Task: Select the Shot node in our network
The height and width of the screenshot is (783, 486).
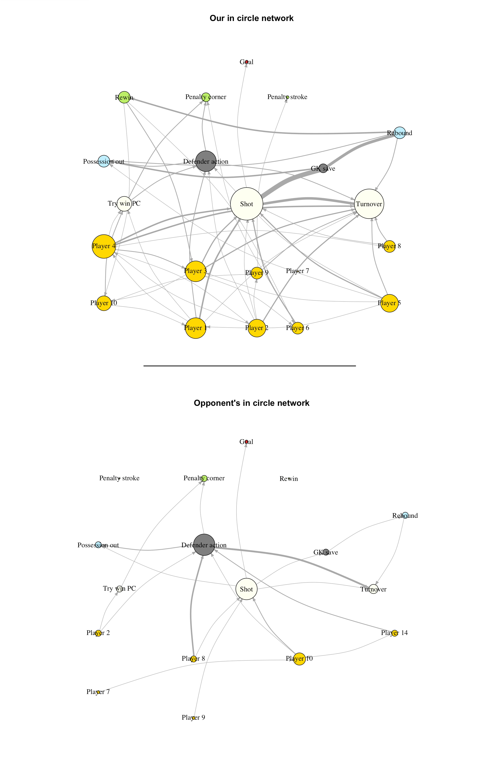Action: (247, 204)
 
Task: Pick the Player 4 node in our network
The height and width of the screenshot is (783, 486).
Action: (103, 246)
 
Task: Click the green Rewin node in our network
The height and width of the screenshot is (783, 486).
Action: (124, 97)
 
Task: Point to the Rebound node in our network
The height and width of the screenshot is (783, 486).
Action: (399, 133)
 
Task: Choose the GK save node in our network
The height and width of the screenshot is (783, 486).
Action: (323, 168)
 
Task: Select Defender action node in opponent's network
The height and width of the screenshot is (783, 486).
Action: (204, 545)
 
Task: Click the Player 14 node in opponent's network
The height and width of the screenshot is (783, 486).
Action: (394, 633)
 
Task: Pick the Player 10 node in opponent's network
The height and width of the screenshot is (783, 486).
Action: (299, 659)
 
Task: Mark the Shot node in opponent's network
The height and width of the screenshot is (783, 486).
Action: (247, 589)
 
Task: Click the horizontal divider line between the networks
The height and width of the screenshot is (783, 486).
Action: (249, 366)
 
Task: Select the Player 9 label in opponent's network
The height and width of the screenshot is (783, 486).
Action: (193, 717)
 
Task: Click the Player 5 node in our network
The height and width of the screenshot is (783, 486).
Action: (389, 303)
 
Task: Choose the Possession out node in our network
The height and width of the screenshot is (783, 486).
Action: (104, 161)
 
